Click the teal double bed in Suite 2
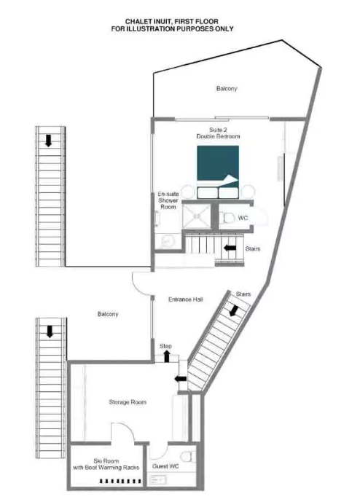pos(218,172)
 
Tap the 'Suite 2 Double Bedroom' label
pos(218,133)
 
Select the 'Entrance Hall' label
pos(186,299)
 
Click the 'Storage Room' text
pos(128,402)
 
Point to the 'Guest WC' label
pos(165,466)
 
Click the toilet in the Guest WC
pos(188,456)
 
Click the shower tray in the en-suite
pos(197,216)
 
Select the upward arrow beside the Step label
pos(167,356)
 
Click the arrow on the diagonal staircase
pos(234,310)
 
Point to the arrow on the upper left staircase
pos(48,141)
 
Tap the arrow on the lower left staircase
pos(50,332)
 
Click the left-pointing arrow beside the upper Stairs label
pos(230,248)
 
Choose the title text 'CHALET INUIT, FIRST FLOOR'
pos(172,21)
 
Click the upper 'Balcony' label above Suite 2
pos(227,88)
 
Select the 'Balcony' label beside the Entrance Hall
pos(108,314)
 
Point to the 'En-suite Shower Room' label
pos(168,200)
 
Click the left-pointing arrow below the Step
pos(181,379)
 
